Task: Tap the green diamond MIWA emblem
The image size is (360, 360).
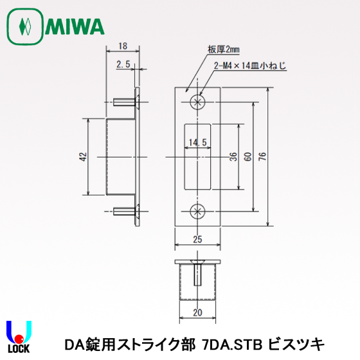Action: (x=24, y=27)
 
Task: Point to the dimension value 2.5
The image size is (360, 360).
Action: (x=123, y=64)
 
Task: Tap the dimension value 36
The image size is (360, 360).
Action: (x=231, y=157)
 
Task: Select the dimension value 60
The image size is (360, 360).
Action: (x=248, y=157)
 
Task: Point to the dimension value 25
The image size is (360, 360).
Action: (x=197, y=239)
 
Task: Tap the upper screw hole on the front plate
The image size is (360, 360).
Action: (x=197, y=102)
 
